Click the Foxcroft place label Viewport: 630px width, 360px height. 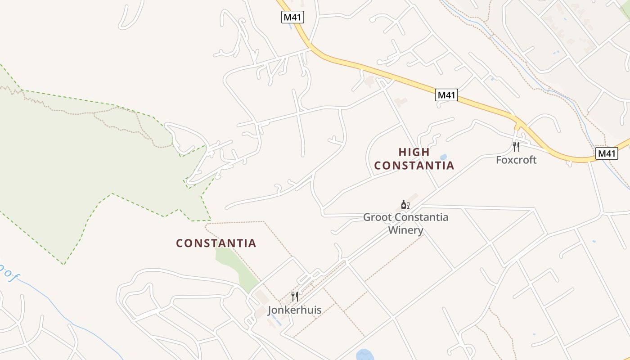pyautogui.click(x=516, y=160)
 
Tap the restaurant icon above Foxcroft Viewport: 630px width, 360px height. pyautogui.click(x=516, y=146)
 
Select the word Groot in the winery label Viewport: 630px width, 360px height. pyautogui.click(x=377, y=217)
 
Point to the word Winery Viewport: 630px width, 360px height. pyautogui.click(x=406, y=230)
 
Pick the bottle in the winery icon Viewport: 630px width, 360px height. pyautogui.click(x=404, y=205)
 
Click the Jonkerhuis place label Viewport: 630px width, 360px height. pyautogui.click(x=295, y=310)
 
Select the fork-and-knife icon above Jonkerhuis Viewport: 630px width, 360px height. pyautogui.click(x=295, y=296)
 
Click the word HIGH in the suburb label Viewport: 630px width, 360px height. pyautogui.click(x=414, y=152)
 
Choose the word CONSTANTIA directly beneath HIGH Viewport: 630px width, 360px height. pyautogui.click(x=414, y=166)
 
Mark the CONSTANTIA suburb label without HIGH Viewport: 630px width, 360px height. pyautogui.click(x=216, y=243)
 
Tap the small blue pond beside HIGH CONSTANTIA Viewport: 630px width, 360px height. pyautogui.click(x=444, y=157)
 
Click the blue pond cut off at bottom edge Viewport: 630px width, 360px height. pyautogui.click(x=365, y=355)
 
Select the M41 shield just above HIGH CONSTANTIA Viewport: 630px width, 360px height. pyautogui.click(x=447, y=95)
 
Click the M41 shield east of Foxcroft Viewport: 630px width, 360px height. pyautogui.click(x=607, y=153)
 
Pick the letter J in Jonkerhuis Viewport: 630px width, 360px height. pyautogui.click(x=270, y=310)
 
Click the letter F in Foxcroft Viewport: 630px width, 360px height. pyautogui.click(x=499, y=160)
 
